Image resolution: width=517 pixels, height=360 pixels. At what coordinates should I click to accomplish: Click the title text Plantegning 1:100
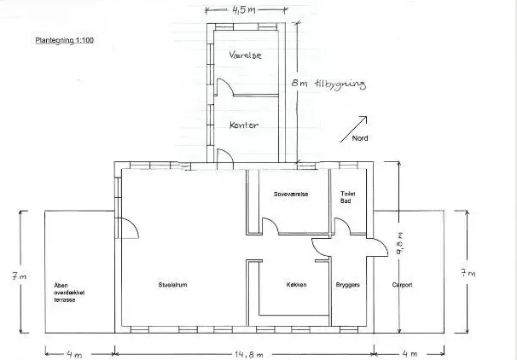coord(64,40)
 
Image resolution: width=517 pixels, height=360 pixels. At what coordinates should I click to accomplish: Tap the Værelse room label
coord(246,55)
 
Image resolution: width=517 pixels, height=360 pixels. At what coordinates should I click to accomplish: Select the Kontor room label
coord(244,125)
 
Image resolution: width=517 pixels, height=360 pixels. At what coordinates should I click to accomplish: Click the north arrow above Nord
coord(353,129)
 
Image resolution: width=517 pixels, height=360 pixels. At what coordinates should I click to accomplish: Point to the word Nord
coord(360,138)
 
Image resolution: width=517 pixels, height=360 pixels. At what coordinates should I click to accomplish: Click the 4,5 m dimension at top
coord(244,10)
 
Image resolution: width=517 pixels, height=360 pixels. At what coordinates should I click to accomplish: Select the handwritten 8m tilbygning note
coord(328,84)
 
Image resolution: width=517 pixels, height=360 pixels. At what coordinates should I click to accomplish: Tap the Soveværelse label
coord(291,195)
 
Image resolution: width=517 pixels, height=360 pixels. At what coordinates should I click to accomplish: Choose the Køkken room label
coord(296,285)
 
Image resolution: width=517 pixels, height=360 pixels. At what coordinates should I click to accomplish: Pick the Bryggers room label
coord(347,285)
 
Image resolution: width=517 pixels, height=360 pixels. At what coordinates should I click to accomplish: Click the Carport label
coord(403,285)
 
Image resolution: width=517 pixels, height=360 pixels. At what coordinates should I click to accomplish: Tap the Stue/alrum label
coord(173,285)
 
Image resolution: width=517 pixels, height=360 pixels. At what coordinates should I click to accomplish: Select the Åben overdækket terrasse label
coord(69,293)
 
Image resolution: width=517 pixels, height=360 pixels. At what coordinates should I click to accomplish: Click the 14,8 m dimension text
coord(249,355)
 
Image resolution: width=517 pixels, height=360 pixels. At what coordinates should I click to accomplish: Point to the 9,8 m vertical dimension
coord(401,243)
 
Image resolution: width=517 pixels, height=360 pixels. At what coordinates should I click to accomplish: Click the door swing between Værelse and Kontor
coord(225,87)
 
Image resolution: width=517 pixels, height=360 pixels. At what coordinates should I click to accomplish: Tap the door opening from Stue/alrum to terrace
coord(130,228)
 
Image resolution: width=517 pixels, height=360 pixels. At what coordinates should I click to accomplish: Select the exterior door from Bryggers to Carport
coord(379,247)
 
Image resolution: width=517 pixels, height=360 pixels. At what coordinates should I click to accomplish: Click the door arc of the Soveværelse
coord(270,225)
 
